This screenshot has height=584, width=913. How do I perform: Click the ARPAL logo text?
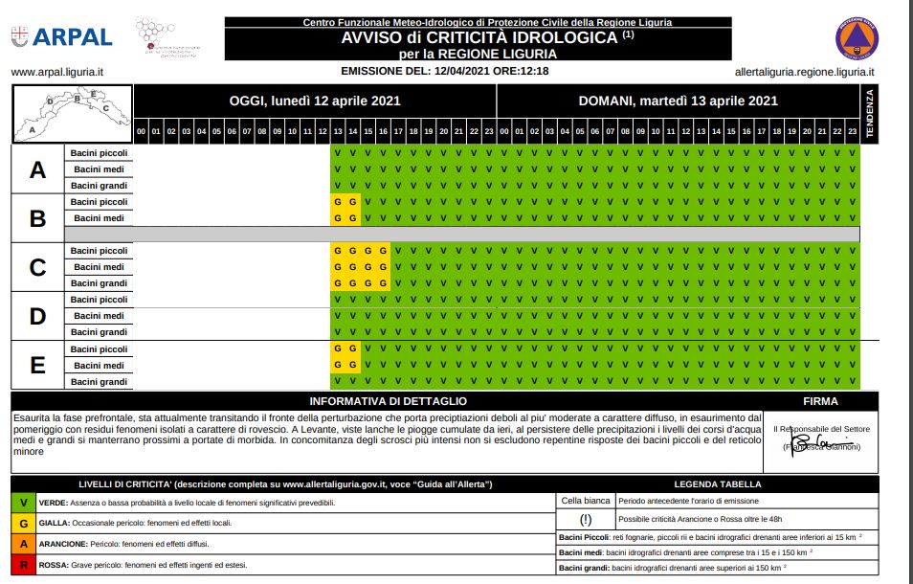[x=73, y=37]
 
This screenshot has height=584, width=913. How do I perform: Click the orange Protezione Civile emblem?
[x=857, y=39]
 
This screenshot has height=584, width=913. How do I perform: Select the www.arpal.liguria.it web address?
[x=57, y=72]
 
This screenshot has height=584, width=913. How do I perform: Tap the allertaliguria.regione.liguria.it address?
[x=804, y=72]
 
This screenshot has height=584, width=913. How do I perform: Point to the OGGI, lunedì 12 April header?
[x=315, y=101]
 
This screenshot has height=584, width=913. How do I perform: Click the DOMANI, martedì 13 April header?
[x=678, y=101]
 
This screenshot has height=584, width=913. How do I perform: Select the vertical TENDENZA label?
[x=870, y=114]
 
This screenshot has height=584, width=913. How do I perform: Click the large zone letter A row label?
[x=37, y=169]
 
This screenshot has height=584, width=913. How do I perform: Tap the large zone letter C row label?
[x=37, y=267]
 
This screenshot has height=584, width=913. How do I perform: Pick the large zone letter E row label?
[x=37, y=365]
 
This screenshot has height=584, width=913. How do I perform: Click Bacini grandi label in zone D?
[x=100, y=332]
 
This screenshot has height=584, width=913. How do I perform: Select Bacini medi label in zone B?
[x=100, y=218]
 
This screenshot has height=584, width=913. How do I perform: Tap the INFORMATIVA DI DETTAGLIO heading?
[x=389, y=401]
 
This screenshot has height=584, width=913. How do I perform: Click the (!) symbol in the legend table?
[x=585, y=519]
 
